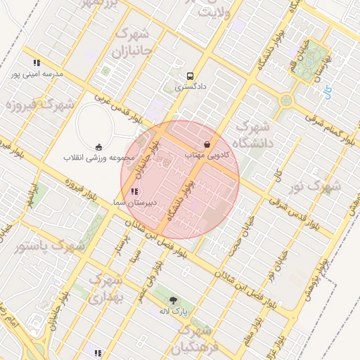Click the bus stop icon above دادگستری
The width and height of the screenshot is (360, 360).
click(190, 76)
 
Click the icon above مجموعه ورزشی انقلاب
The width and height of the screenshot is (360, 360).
click(99, 146)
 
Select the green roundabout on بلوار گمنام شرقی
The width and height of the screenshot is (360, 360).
click(286, 101)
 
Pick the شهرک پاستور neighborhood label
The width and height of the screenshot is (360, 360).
click(49, 247)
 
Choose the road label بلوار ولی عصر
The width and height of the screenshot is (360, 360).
click(150, 282)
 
